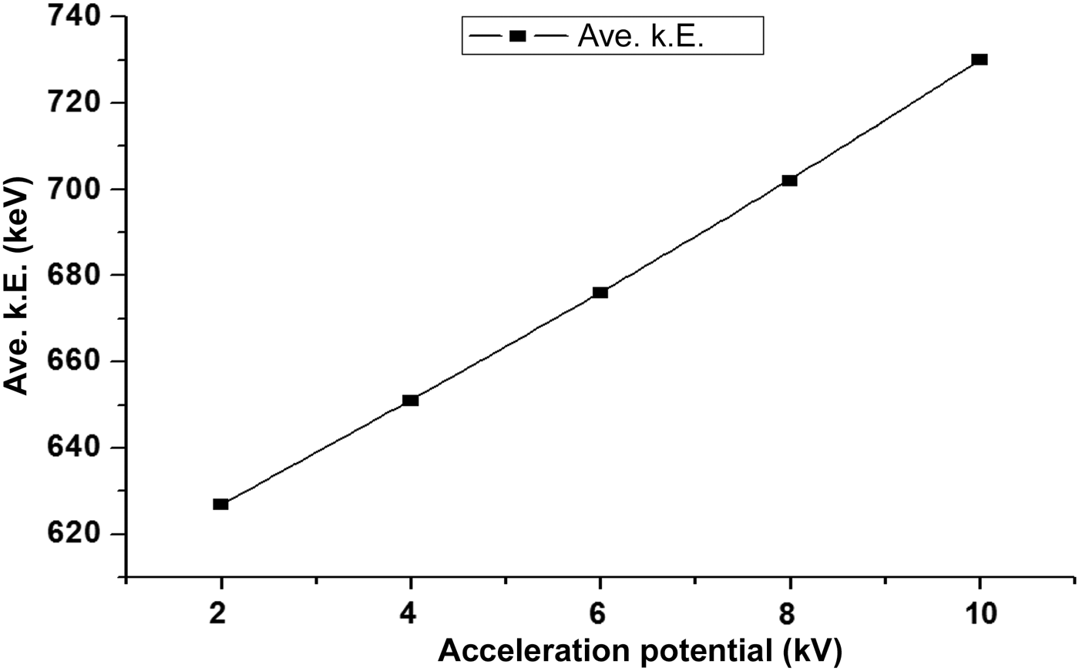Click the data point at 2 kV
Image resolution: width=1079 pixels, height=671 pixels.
(x=220, y=504)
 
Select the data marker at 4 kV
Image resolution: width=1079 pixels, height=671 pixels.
(x=411, y=400)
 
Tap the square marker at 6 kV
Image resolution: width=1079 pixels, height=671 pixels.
(x=600, y=292)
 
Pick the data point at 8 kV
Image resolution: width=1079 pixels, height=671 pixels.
(x=789, y=180)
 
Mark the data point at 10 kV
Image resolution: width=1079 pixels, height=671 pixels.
(x=980, y=59)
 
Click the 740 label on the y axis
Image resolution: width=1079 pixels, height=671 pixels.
(x=77, y=17)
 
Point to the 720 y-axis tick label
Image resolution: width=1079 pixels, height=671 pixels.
(x=77, y=102)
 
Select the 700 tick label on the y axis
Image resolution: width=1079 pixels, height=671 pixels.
(x=77, y=189)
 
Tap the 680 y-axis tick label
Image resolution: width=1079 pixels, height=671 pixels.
(x=77, y=275)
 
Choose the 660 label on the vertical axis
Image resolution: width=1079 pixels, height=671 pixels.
(x=77, y=361)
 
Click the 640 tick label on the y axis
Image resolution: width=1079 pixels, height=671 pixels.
(x=77, y=448)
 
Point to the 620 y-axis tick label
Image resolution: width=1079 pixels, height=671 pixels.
(x=77, y=534)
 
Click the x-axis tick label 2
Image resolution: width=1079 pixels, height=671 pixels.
(x=220, y=613)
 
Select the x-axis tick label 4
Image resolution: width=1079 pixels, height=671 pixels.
(x=411, y=613)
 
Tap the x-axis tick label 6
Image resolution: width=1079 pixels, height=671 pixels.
(x=600, y=613)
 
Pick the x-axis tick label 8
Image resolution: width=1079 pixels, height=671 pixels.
(x=789, y=613)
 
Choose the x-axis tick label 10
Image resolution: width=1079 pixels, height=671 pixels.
(x=980, y=613)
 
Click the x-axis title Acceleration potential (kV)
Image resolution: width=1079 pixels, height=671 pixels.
(x=640, y=651)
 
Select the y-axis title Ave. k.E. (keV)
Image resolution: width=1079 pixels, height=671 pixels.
(x=17, y=285)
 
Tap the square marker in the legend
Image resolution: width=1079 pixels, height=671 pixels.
(x=517, y=36)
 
